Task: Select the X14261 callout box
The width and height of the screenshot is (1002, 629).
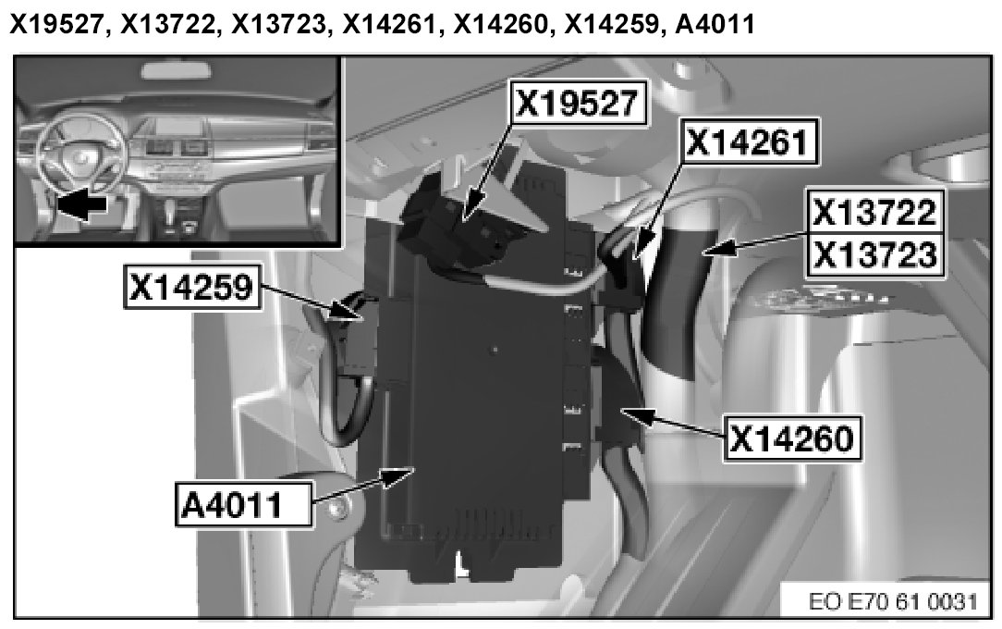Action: point(750,144)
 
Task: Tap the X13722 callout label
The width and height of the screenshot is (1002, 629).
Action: point(875,213)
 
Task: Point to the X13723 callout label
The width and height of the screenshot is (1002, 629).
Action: point(875,253)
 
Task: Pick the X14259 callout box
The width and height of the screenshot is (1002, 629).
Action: point(190,290)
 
